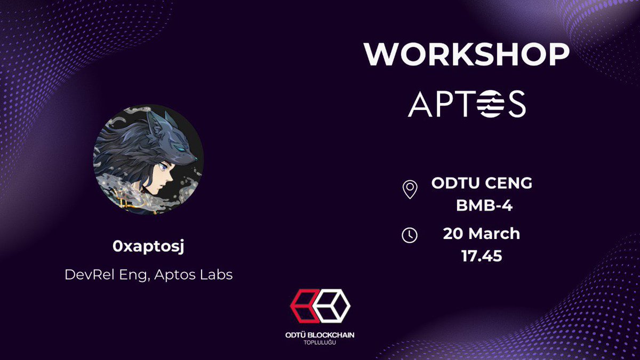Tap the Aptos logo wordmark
coord(467,103)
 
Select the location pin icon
coord(410,189)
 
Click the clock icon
coord(410,235)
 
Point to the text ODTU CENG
coord(482,183)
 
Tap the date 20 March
coord(482,234)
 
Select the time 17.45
coord(482,256)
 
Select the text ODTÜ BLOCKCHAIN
coord(320,334)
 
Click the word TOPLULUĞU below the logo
coord(320,342)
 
